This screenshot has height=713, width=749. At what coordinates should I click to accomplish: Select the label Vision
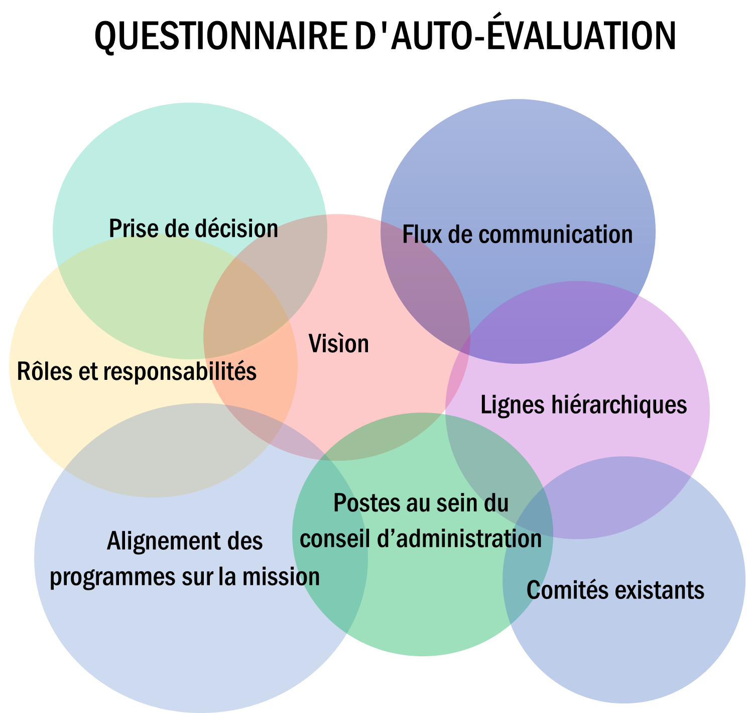338,344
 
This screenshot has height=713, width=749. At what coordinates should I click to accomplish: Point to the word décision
236,229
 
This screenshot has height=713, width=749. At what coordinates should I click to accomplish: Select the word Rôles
45,371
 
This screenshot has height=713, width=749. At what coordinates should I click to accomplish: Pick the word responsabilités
180,372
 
